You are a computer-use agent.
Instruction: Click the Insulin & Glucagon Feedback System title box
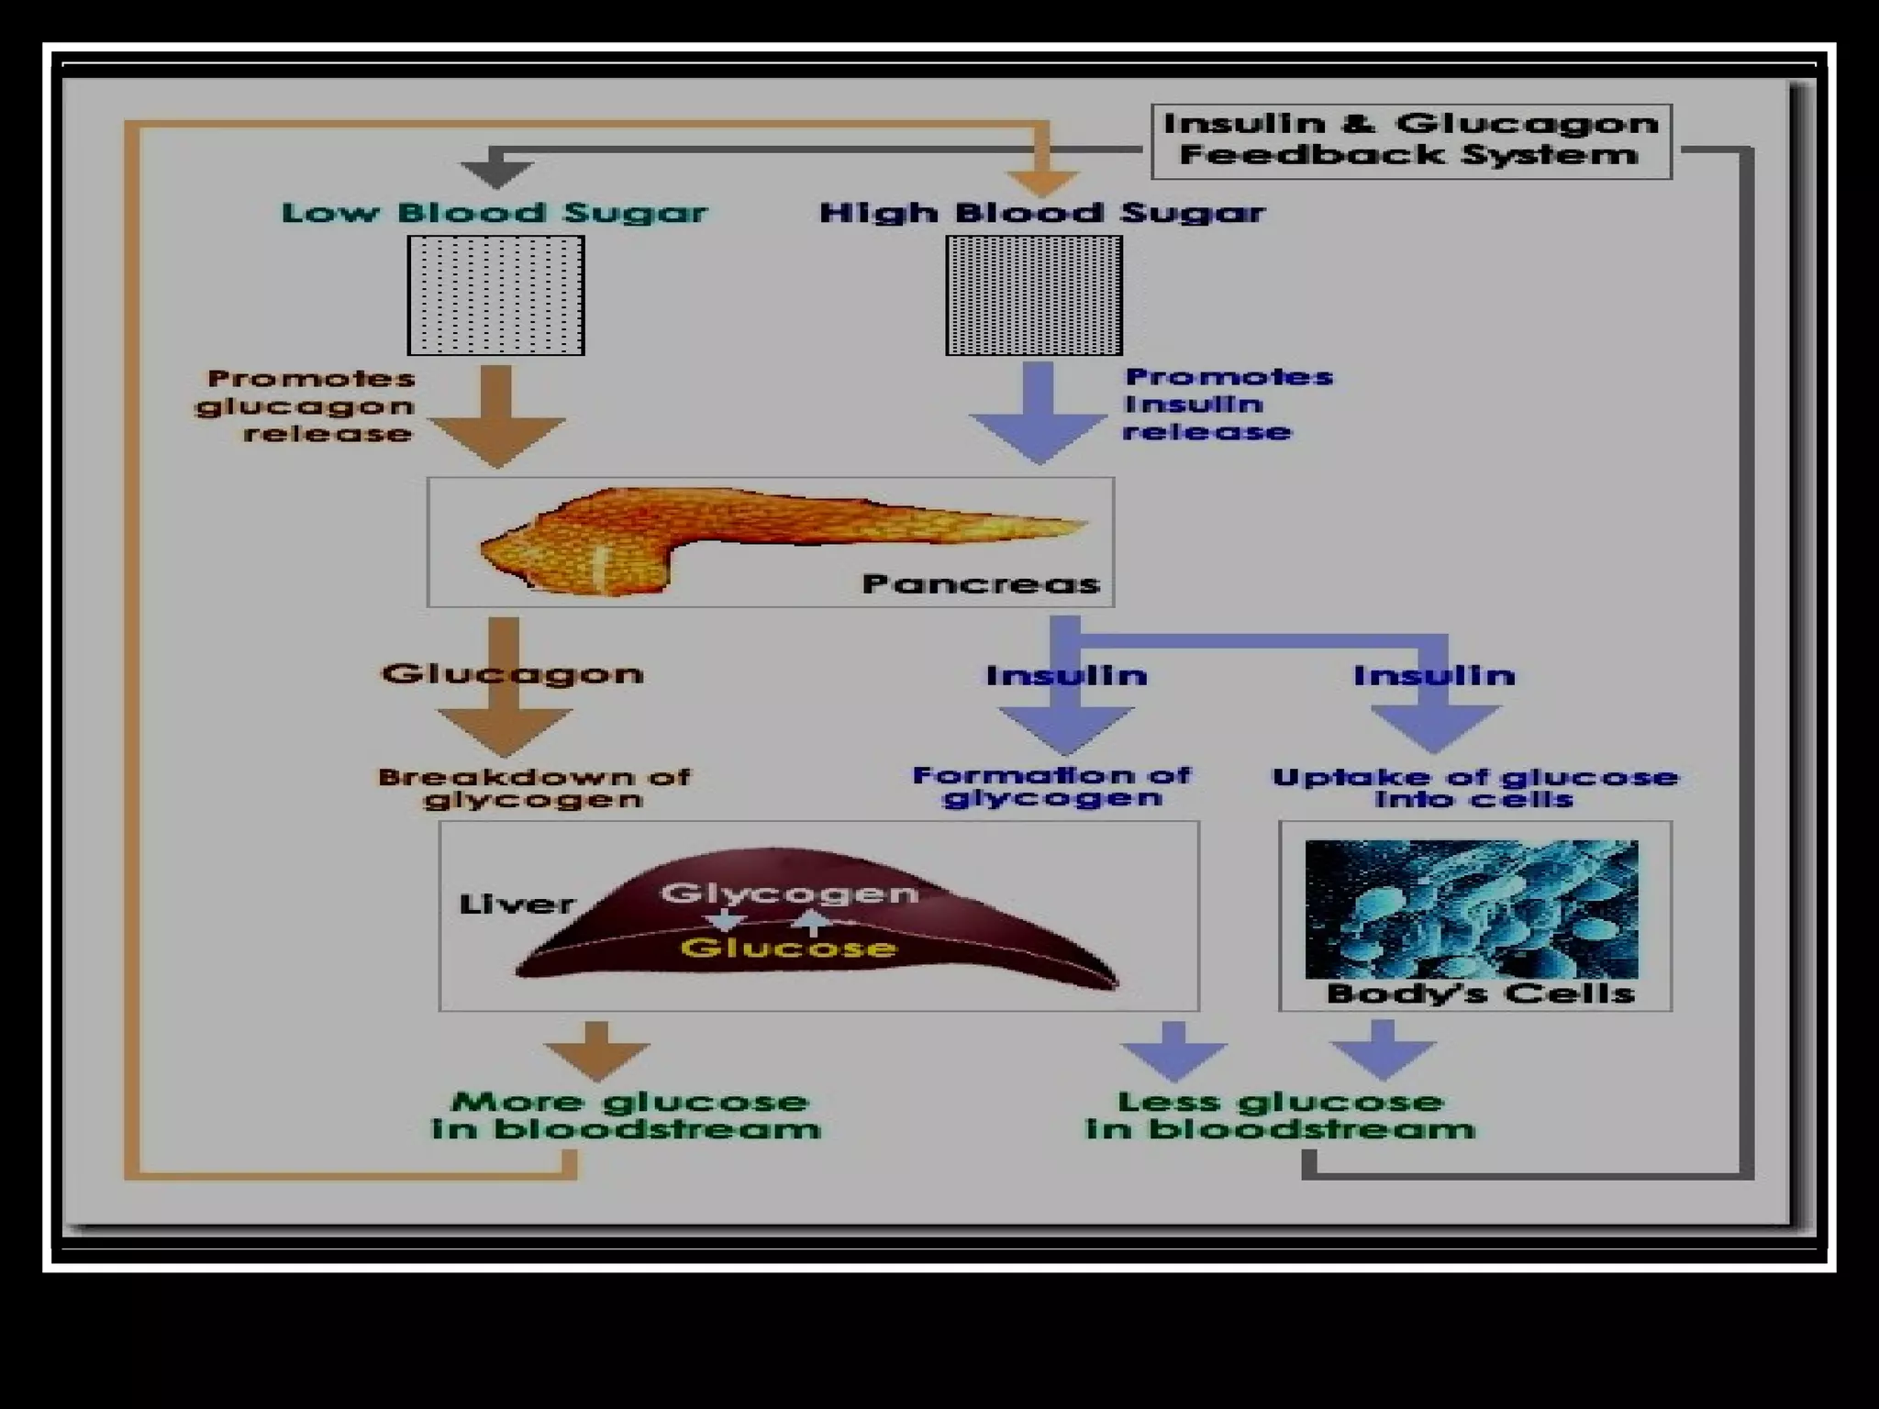(x=1411, y=140)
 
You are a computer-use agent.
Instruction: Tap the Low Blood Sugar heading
(x=495, y=213)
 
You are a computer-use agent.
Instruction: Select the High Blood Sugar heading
(x=1041, y=213)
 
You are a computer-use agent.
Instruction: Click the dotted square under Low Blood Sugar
(x=495, y=294)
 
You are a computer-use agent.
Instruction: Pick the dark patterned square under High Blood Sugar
(x=1034, y=294)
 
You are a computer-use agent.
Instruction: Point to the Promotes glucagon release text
(x=307, y=405)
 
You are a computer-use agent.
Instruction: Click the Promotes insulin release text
(x=1227, y=404)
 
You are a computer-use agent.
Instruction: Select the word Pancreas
(x=981, y=584)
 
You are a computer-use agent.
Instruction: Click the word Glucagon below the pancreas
(x=512, y=673)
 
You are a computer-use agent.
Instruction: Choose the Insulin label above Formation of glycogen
(x=1066, y=676)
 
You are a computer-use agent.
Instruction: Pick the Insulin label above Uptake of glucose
(x=1434, y=676)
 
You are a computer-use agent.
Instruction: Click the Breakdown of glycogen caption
(x=534, y=788)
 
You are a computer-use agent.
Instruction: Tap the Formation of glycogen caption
(x=1051, y=786)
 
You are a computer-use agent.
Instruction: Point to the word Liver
(x=517, y=904)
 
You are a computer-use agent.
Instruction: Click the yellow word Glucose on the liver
(x=788, y=948)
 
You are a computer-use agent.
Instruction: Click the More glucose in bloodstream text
(x=627, y=1115)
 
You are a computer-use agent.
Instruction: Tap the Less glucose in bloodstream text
(x=1281, y=1115)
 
